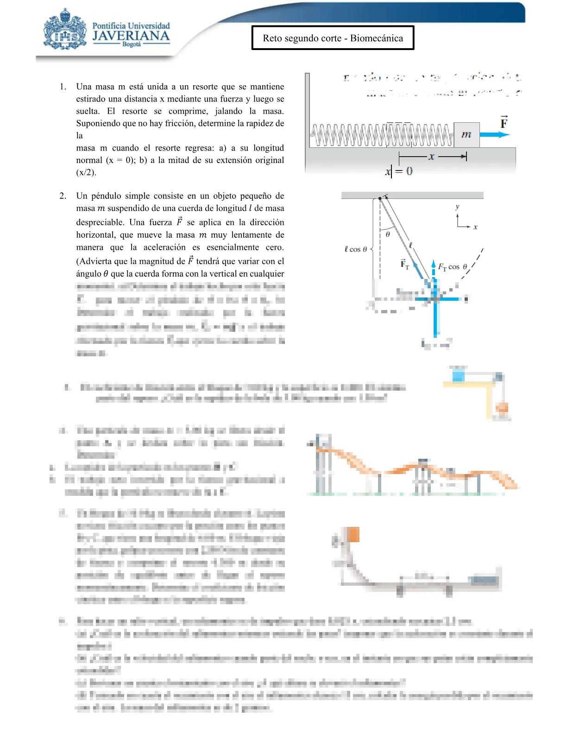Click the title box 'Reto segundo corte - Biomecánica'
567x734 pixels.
coord(333,38)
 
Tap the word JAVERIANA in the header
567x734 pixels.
coord(131,36)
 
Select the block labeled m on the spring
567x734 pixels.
coord(466,135)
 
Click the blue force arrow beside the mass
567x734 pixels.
coord(494,135)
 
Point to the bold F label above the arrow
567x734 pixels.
coord(504,123)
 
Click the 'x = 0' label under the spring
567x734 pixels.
coord(398,171)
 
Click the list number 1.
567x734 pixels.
coord(63,87)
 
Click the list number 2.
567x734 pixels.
coord(63,196)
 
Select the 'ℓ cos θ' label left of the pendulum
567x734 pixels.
coord(355,249)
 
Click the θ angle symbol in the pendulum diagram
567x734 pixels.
coord(388,234)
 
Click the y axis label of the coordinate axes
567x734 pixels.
coord(457,207)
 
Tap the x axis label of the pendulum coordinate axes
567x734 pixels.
coord(475,227)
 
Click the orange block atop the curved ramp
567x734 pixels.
coord(353,535)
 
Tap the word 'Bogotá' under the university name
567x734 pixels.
coord(132,44)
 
